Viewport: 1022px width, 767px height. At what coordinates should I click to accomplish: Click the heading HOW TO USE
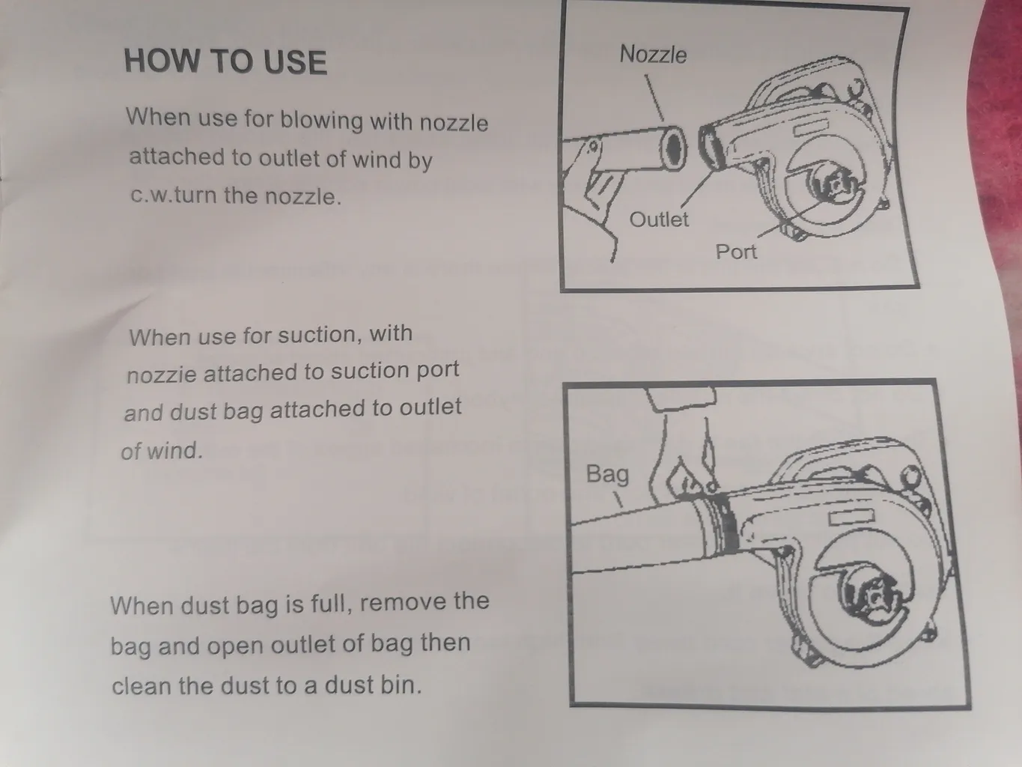coord(225,61)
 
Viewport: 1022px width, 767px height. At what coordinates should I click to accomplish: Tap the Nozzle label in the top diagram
coord(653,55)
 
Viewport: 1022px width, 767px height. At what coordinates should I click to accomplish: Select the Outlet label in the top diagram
coord(658,219)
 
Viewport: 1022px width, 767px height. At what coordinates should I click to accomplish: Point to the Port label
coord(736,252)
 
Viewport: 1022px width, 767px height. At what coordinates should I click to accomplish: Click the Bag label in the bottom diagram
coord(607,475)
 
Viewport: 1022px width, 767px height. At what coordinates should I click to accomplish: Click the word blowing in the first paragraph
coord(321,121)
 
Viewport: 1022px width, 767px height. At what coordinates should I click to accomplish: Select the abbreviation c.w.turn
coord(174,195)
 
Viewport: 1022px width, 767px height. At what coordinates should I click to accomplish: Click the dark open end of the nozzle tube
coord(674,148)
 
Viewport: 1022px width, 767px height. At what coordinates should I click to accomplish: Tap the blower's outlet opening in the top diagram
coord(711,147)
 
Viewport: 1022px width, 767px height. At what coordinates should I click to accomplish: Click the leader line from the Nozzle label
coord(654,98)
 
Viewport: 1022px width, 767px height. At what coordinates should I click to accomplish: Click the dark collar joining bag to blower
coord(724,524)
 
